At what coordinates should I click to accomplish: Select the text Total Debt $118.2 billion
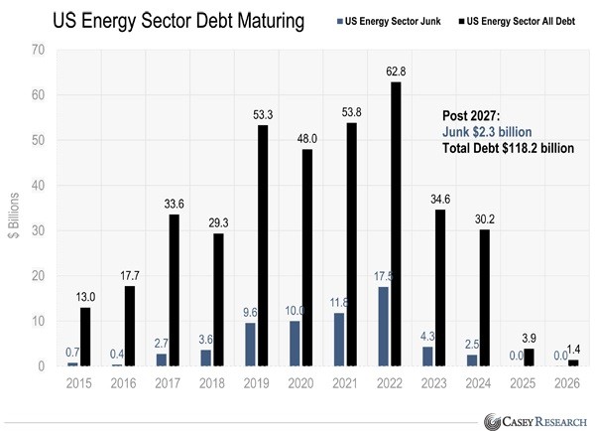[509, 148]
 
